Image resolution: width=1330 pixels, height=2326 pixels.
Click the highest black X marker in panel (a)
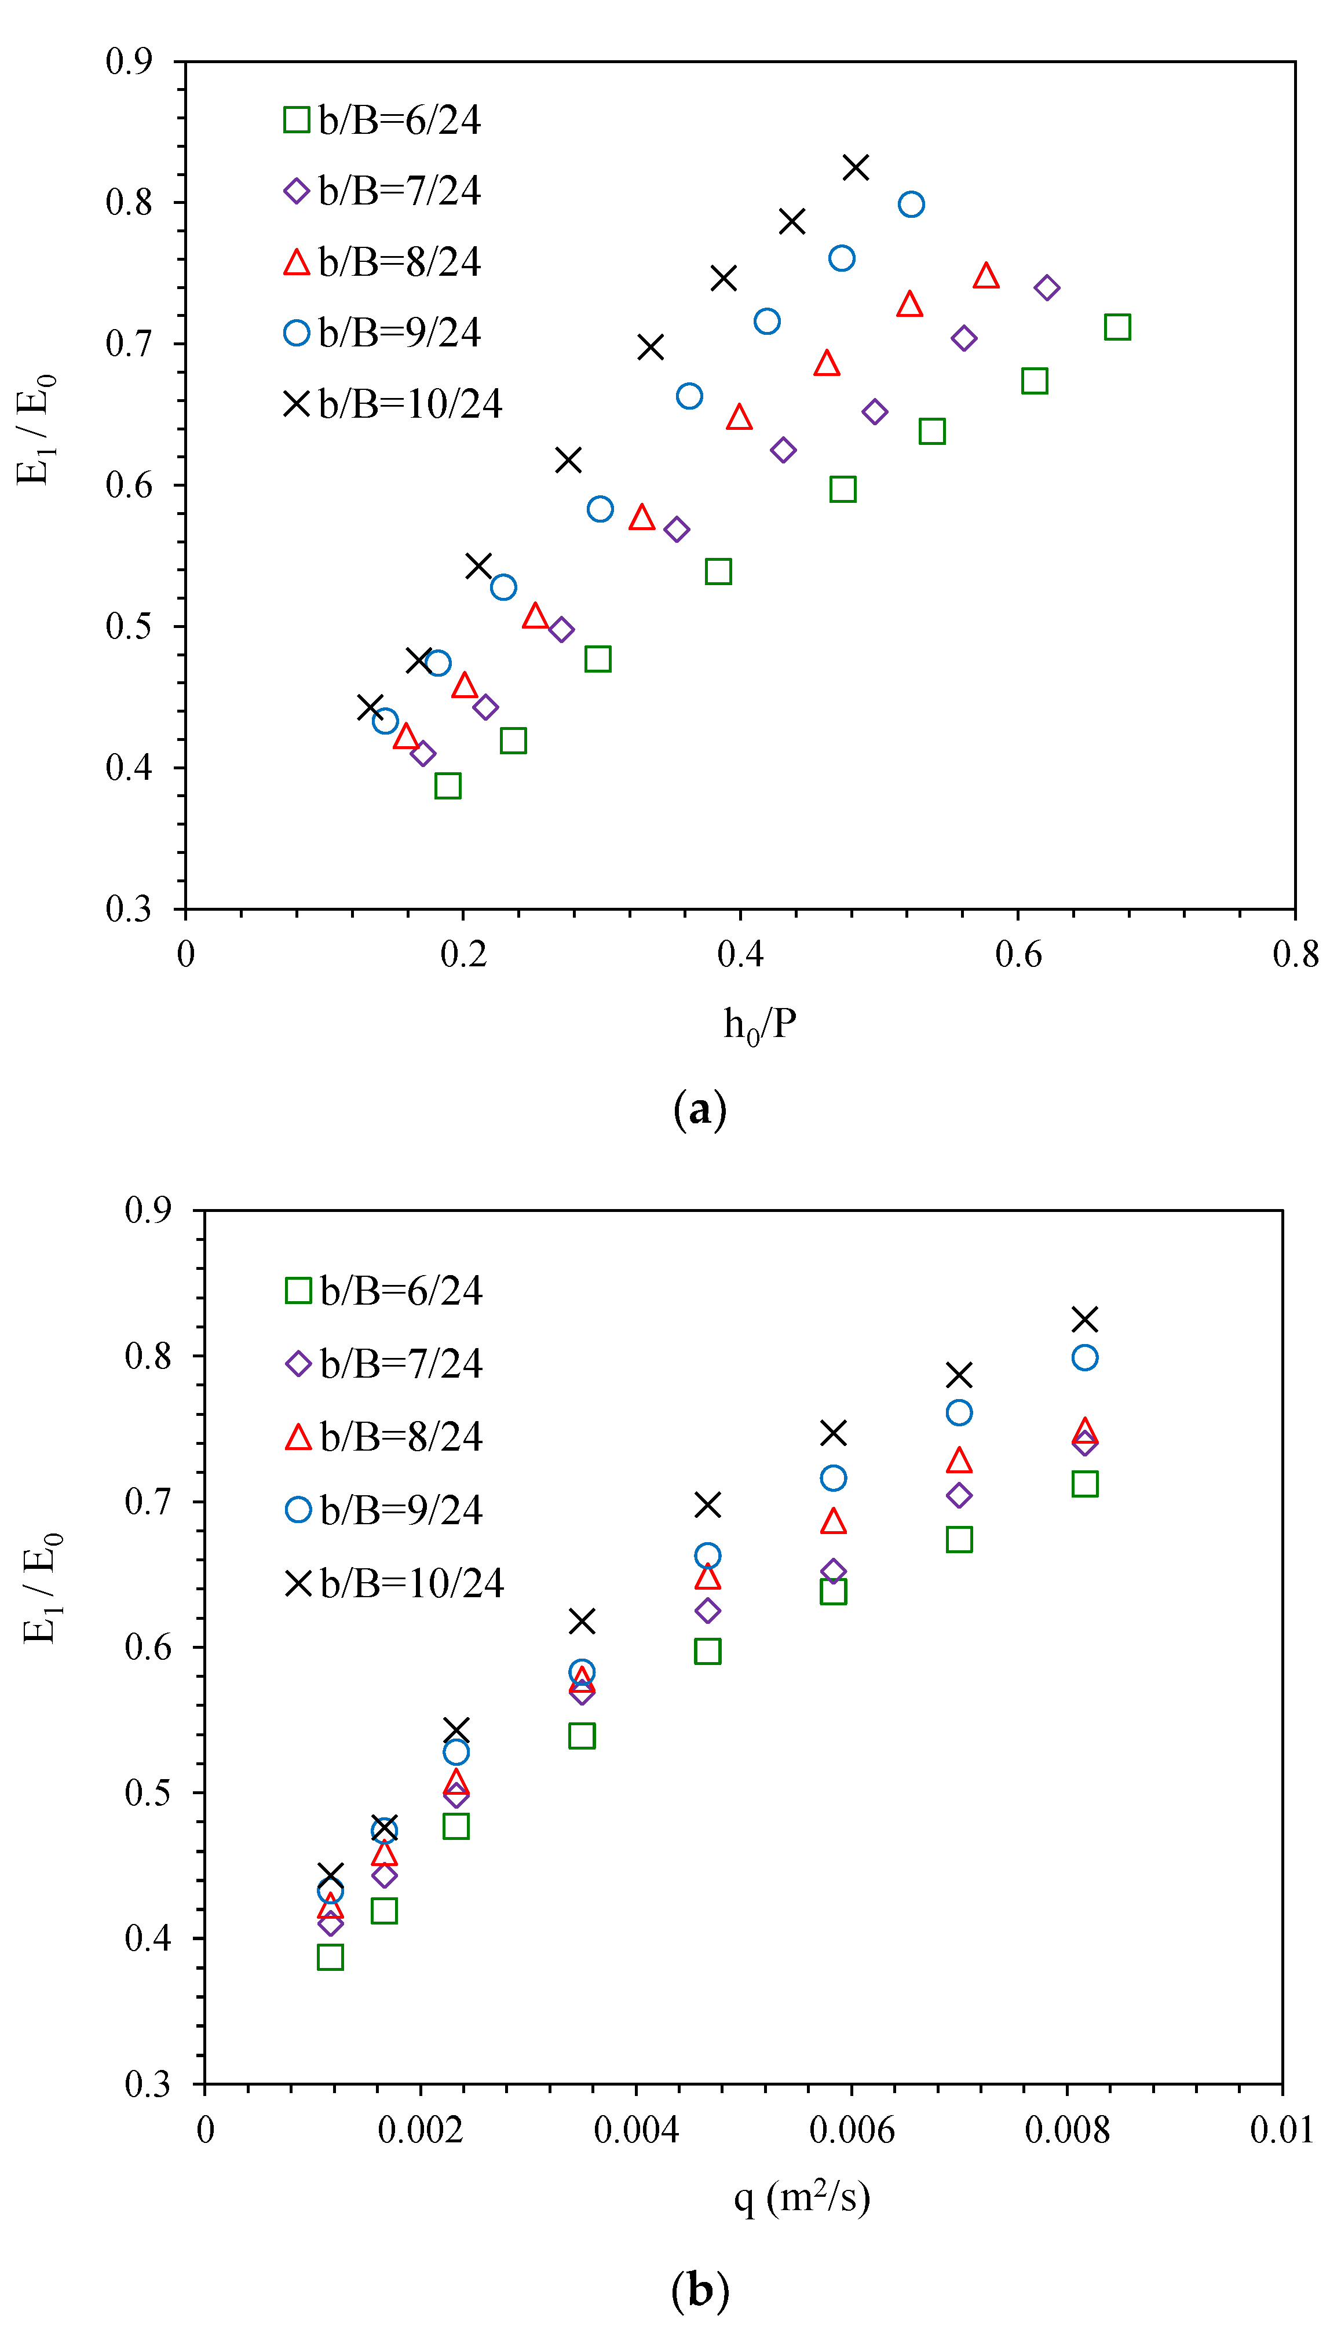pos(855,167)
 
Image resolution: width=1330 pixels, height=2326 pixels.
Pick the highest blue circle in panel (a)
pos(911,204)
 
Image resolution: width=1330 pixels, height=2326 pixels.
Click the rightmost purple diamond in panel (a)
pos(1047,288)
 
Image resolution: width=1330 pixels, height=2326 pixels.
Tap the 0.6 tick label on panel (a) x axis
pos(1018,955)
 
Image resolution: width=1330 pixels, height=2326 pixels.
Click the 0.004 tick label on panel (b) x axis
pos(636,2131)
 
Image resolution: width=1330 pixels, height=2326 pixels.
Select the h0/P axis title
pos(759,1025)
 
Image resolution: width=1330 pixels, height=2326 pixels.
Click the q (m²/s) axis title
pos(801,2197)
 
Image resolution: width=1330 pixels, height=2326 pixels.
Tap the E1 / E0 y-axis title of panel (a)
pos(36,429)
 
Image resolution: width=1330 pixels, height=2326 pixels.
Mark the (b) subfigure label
pos(700,2290)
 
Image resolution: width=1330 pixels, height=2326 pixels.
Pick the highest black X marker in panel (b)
pos(1084,1319)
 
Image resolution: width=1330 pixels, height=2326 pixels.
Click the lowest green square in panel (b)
pos(330,1957)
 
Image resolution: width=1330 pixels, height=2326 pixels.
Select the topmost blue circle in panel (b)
pos(1084,1357)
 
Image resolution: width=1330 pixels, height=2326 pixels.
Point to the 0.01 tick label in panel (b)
pos(1281,2131)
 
